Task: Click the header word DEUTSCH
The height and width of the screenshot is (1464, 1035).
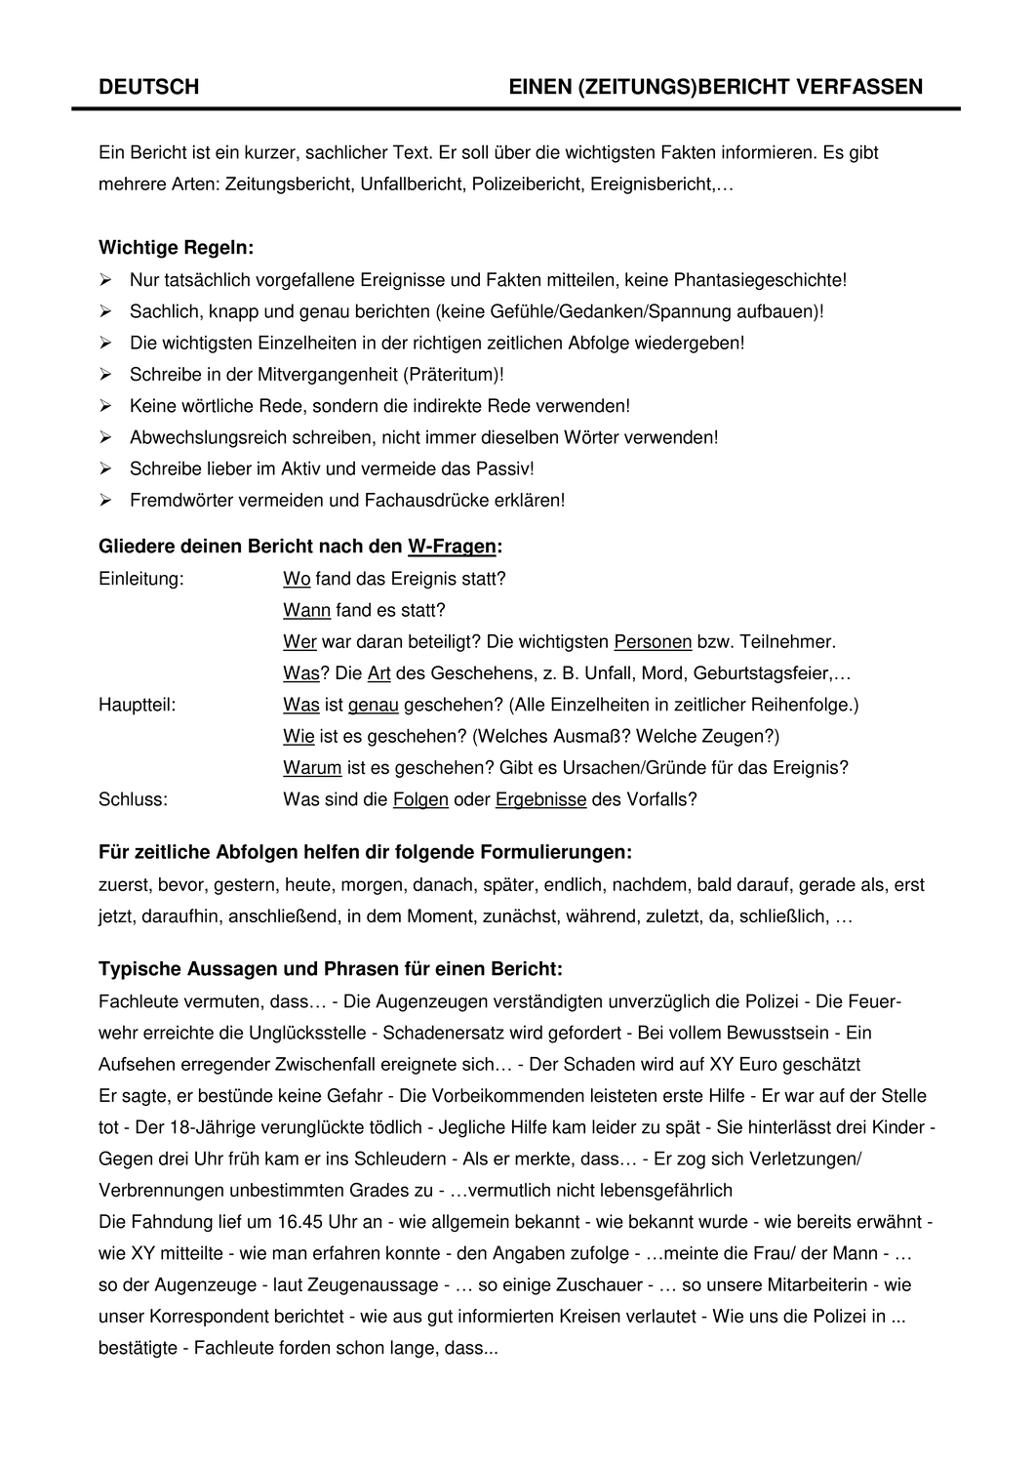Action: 148,87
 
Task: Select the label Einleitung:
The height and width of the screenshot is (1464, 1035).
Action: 141,579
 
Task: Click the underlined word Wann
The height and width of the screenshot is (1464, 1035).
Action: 306,610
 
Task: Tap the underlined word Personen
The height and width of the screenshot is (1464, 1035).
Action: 653,642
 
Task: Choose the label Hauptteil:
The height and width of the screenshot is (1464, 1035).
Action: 138,705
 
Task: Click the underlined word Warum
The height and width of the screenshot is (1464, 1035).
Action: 312,767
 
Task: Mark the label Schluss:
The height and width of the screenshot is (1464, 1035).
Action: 133,799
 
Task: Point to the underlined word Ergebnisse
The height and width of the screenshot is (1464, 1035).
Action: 540,799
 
